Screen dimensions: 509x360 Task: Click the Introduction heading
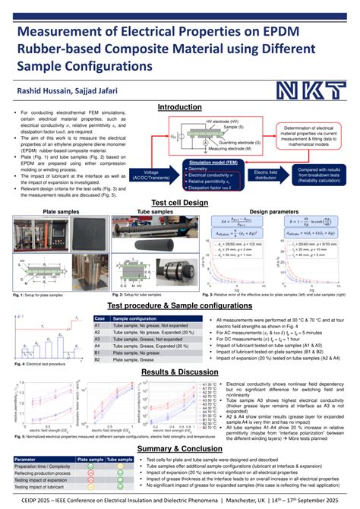pyautogui.click(x=179, y=108)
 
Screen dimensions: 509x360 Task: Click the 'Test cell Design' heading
pyautogui.click(x=179, y=203)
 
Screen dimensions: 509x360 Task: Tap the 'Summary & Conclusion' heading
pyautogui.click(x=179, y=449)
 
